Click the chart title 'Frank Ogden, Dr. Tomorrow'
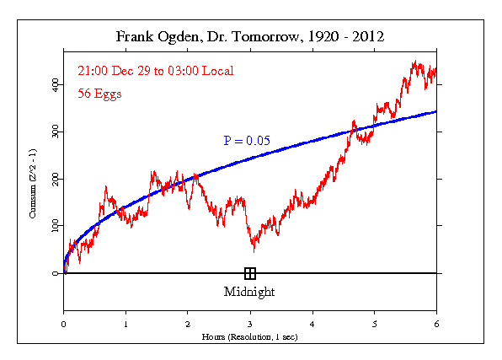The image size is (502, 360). [x=250, y=38]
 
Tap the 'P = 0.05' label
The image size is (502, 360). [x=246, y=141]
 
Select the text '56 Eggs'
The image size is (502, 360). [x=99, y=94]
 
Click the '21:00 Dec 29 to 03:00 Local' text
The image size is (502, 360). [x=155, y=70]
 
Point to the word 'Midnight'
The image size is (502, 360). [x=249, y=292]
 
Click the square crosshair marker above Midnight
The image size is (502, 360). [x=250, y=273]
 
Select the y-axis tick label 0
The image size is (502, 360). [x=56, y=274]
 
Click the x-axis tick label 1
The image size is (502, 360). [x=125, y=323]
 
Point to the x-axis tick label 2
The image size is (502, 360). [x=188, y=323]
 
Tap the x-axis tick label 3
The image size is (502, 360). [x=250, y=323]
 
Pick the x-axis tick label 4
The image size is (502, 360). [x=312, y=323]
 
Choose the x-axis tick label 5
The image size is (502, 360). [x=375, y=323]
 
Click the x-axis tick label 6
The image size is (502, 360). [x=436, y=323]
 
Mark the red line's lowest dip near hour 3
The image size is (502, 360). [x=254, y=250]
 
